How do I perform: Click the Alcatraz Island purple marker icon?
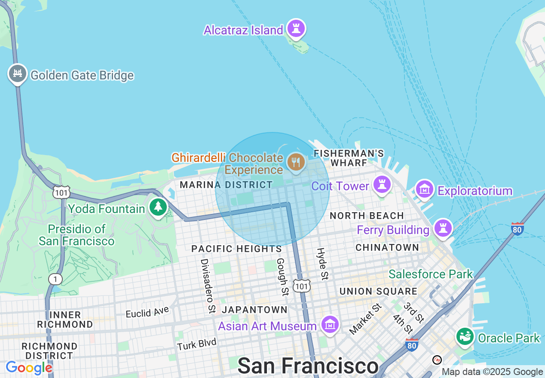pyautogui.click(x=296, y=29)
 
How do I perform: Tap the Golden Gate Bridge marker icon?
pyautogui.click(x=18, y=74)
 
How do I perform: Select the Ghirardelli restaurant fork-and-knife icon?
pyautogui.click(x=296, y=162)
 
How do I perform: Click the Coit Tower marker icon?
pyautogui.click(x=382, y=185)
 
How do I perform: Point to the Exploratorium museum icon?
pyautogui.click(x=425, y=189)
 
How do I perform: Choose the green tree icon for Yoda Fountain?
pyautogui.click(x=159, y=207)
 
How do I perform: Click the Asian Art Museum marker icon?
pyautogui.click(x=330, y=325)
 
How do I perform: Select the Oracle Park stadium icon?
pyautogui.click(x=465, y=337)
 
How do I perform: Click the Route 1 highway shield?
pyautogui.click(x=55, y=279)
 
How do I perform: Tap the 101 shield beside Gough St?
pyautogui.click(x=301, y=286)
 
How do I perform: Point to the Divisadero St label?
pyautogui.click(x=208, y=286)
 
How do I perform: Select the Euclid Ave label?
pyautogui.click(x=147, y=312)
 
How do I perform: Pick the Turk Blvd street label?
pyautogui.click(x=197, y=344)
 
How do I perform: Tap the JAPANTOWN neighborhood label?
pyautogui.click(x=255, y=310)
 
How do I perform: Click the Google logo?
pyautogui.click(x=29, y=368)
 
